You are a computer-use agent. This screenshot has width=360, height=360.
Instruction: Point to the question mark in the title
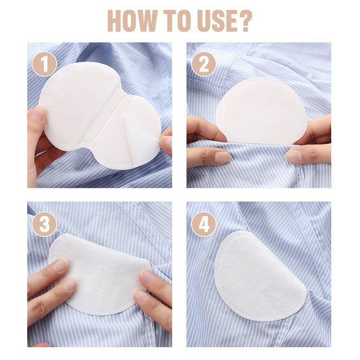pos(246,21)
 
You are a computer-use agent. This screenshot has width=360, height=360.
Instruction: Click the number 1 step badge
pos(44,64)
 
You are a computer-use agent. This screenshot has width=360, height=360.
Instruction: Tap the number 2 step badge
pos(204,64)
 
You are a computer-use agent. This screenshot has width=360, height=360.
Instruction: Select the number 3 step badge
pos(44,224)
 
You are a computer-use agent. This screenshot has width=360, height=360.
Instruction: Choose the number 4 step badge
pos(204,224)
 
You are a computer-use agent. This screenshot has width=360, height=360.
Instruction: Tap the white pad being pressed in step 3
pos(101,274)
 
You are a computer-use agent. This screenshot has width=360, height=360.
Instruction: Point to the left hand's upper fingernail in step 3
pos(61,265)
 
